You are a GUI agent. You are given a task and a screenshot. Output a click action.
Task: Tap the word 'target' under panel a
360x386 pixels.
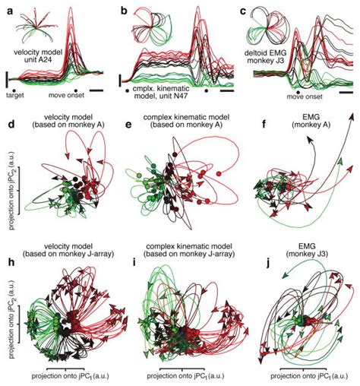click(17, 97)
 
